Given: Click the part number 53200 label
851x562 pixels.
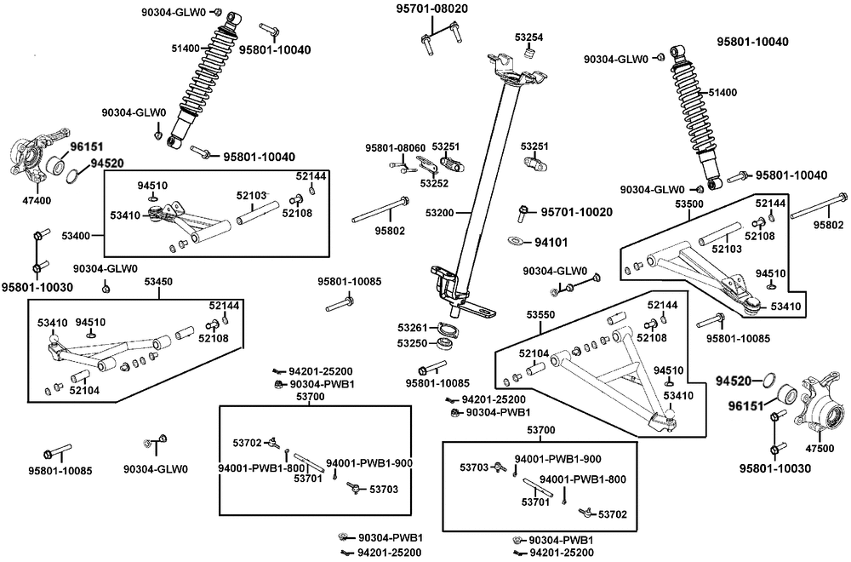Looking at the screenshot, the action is click(440, 214).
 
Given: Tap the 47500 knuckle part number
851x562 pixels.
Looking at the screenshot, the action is click(820, 449).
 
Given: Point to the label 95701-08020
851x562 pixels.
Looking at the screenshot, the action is click(432, 9).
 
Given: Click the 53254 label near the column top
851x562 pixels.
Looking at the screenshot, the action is click(529, 37).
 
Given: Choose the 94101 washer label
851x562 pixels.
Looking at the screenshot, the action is click(551, 242).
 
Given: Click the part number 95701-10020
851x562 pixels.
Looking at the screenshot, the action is click(576, 212).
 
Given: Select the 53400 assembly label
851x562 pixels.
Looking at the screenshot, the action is click(76, 236).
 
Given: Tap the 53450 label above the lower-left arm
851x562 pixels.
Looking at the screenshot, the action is click(158, 282).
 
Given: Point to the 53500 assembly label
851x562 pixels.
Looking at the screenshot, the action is click(688, 204).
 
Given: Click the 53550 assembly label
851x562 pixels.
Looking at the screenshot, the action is click(541, 315).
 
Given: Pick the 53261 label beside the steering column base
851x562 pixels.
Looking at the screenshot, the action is click(412, 328).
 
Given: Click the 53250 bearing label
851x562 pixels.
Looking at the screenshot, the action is click(412, 343).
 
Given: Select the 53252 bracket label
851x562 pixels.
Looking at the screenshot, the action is click(434, 184).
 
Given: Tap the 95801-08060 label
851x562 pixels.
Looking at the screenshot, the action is click(395, 147).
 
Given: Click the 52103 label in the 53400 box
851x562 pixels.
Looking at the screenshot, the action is click(252, 196).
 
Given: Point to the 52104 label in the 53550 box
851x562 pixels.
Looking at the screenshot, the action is click(534, 353).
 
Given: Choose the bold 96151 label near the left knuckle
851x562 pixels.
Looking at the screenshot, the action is click(86, 146).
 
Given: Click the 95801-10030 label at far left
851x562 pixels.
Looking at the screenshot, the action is click(37, 287).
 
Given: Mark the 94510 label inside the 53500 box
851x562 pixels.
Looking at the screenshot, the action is click(771, 273).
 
